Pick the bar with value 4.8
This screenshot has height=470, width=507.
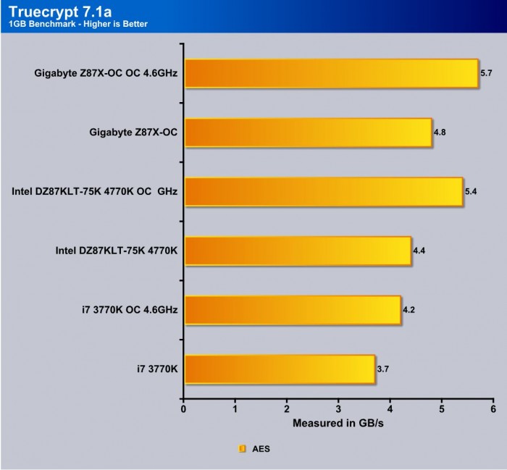(308, 133)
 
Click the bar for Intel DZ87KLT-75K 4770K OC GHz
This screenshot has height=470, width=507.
(323, 192)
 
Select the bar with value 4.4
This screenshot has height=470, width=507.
(298, 251)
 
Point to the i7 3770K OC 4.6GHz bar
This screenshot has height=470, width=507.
(293, 310)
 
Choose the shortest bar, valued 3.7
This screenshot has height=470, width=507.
(280, 369)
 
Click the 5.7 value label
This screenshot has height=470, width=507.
(487, 73)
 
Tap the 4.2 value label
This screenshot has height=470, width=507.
(409, 310)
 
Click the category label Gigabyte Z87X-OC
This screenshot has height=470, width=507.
(134, 133)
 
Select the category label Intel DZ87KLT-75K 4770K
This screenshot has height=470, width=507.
(117, 251)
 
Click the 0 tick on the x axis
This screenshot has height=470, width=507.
(184, 409)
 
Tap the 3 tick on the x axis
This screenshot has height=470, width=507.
(338, 409)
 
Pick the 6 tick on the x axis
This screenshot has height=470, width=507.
(493, 409)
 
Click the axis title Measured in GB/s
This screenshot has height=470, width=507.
(338, 422)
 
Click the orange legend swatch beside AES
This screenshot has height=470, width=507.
(243, 449)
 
